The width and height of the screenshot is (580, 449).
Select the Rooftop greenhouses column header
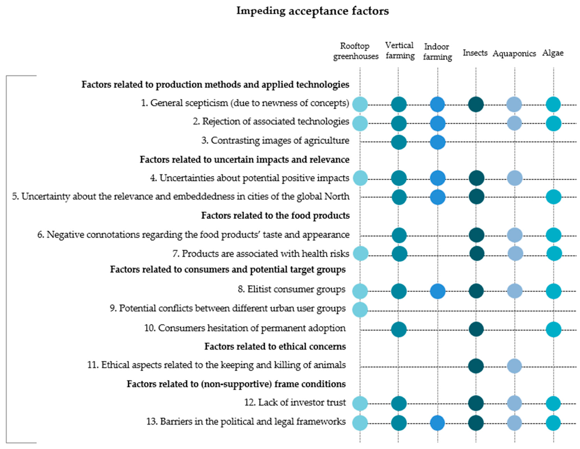(356, 51)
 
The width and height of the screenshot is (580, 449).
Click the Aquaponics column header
(514, 53)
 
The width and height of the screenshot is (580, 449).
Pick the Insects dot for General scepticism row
(476, 104)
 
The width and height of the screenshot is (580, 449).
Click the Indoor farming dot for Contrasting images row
(437, 142)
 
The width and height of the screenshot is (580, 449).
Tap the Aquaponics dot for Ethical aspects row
(514, 366)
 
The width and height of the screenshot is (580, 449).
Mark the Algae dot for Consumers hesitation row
(554, 329)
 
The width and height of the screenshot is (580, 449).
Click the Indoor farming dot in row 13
(437, 423)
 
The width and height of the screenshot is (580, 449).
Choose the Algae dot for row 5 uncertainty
(554, 197)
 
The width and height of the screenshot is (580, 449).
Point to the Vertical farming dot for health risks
(399, 254)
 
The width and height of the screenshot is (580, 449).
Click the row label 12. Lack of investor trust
(295, 402)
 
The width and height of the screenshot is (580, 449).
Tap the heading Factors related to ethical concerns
(275, 347)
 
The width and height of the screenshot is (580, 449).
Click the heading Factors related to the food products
(275, 215)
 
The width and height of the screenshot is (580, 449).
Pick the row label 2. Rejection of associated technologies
(271, 121)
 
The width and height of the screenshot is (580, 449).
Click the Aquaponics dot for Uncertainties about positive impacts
(515, 178)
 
